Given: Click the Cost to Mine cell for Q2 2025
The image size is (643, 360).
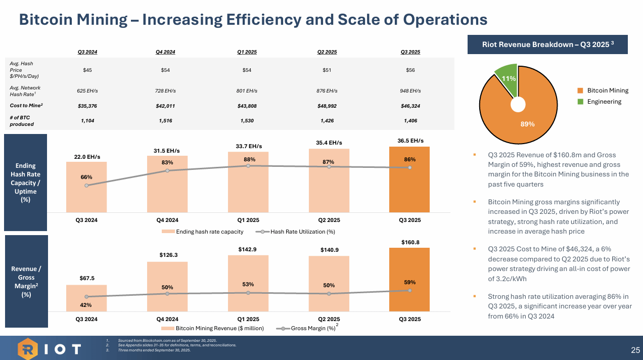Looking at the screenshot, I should (x=327, y=106).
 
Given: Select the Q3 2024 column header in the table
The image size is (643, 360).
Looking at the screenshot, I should (x=87, y=52).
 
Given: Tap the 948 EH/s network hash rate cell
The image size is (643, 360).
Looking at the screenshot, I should (x=410, y=91).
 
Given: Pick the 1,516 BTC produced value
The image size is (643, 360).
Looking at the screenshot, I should (x=165, y=121).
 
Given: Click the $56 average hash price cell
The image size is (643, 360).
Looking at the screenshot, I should (x=410, y=70).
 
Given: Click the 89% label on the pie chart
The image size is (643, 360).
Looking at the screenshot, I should (x=527, y=124).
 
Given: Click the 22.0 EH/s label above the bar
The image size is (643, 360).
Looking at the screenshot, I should (x=87, y=157).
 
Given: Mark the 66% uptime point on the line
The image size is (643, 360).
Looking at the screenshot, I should (x=86, y=186).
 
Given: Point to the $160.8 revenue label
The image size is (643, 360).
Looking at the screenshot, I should (x=410, y=242).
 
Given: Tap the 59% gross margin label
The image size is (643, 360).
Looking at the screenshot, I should (x=409, y=282).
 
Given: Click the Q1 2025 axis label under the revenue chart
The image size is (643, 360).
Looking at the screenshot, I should (x=248, y=319).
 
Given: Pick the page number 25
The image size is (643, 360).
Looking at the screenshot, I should (x=635, y=350).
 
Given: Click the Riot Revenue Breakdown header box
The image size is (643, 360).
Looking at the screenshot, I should (x=548, y=44).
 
